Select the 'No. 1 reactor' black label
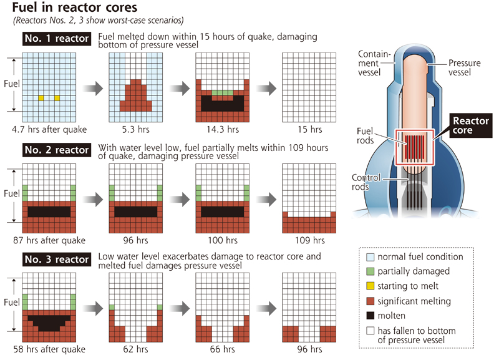tap(57, 39)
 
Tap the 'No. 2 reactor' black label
tap(57, 150)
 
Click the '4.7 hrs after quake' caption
tap(49, 130)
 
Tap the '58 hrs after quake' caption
tap(49, 349)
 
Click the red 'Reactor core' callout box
tap(471, 125)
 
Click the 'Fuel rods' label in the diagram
tap(365, 137)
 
